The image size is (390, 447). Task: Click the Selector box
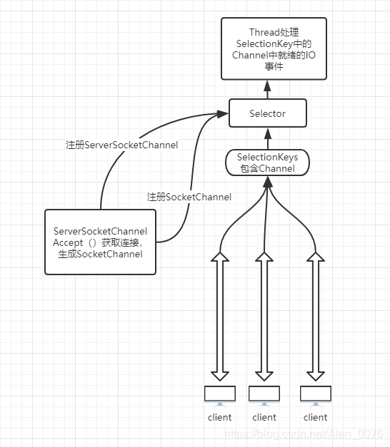268,113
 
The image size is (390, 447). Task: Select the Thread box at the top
274,48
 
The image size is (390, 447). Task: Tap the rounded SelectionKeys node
267,163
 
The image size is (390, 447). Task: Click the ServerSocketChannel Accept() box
100,242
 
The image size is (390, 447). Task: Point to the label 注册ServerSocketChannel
122,145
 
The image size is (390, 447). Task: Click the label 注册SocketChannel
189,197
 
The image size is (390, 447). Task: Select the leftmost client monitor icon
220,396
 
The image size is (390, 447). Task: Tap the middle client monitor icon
264,396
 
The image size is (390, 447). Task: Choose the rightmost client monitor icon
316,396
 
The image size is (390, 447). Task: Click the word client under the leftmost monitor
219,417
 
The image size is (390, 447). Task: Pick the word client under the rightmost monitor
315,417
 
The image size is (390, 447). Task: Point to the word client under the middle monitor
264,417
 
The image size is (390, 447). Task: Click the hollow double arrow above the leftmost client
220,317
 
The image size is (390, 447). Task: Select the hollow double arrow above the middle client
264,317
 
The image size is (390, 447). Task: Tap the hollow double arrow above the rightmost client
316,317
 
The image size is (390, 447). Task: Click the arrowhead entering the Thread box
267,86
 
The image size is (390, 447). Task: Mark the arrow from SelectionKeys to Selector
268,138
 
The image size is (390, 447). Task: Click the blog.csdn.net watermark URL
304,434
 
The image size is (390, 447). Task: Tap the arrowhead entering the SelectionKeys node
267,182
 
